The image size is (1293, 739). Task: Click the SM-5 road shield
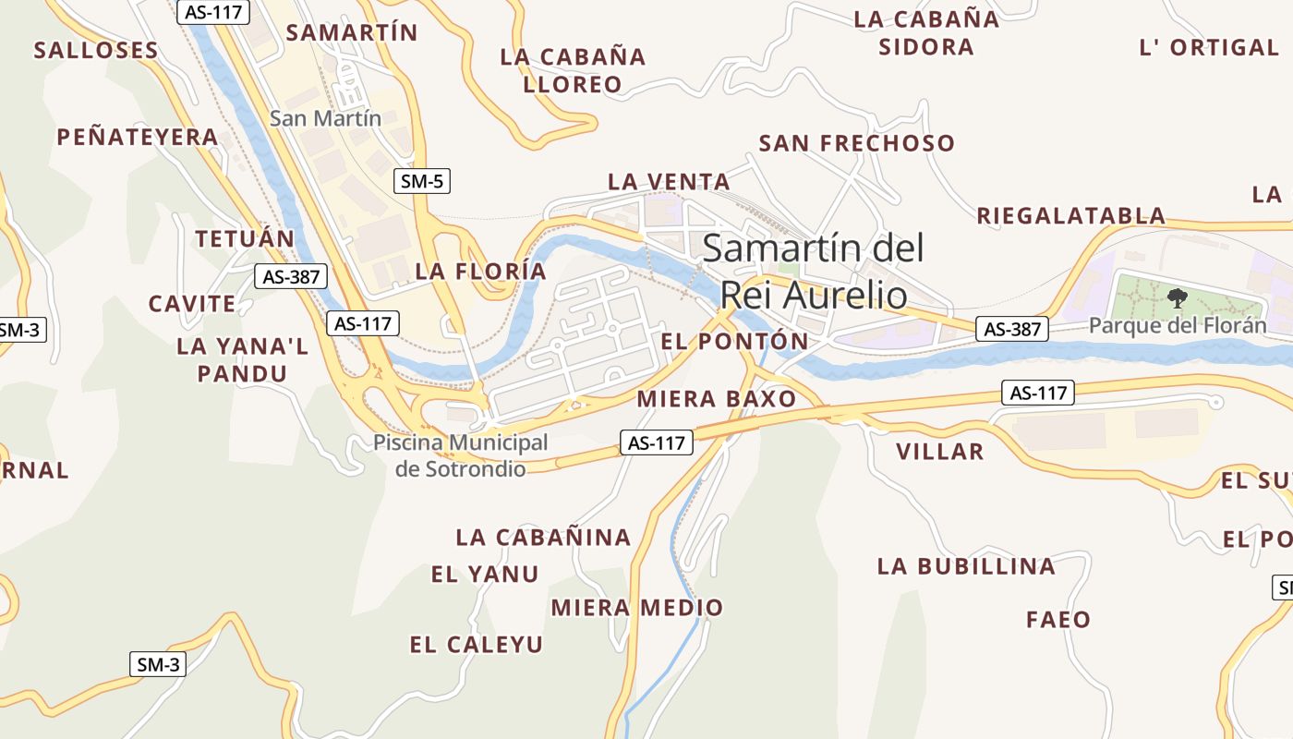(x=422, y=181)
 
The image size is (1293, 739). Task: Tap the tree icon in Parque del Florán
(x=1177, y=297)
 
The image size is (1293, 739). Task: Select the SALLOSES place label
(x=96, y=50)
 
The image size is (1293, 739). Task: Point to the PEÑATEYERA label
(x=138, y=138)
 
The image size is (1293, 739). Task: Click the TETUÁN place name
(x=245, y=238)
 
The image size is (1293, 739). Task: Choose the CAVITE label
(x=192, y=304)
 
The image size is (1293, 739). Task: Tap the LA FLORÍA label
(x=480, y=271)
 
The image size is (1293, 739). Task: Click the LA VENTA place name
(x=669, y=182)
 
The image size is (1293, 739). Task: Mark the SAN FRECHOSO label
(x=856, y=143)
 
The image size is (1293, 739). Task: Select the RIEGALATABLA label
(x=1071, y=216)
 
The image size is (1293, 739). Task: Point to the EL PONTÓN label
(x=734, y=341)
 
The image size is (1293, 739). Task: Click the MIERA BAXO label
(x=716, y=399)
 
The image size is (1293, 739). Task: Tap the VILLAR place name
(x=939, y=452)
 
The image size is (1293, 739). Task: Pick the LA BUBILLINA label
(x=965, y=566)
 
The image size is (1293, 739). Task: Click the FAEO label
(x=1058, y=619)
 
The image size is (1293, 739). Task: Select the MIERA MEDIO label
(x=636, y=608)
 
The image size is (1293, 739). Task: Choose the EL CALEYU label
(x=476, y=645)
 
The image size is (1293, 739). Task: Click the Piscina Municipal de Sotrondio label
(x=461, y=455)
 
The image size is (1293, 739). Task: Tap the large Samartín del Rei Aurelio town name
(x=813, y=272)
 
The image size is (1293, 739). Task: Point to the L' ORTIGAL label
(x=1208, y=47)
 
